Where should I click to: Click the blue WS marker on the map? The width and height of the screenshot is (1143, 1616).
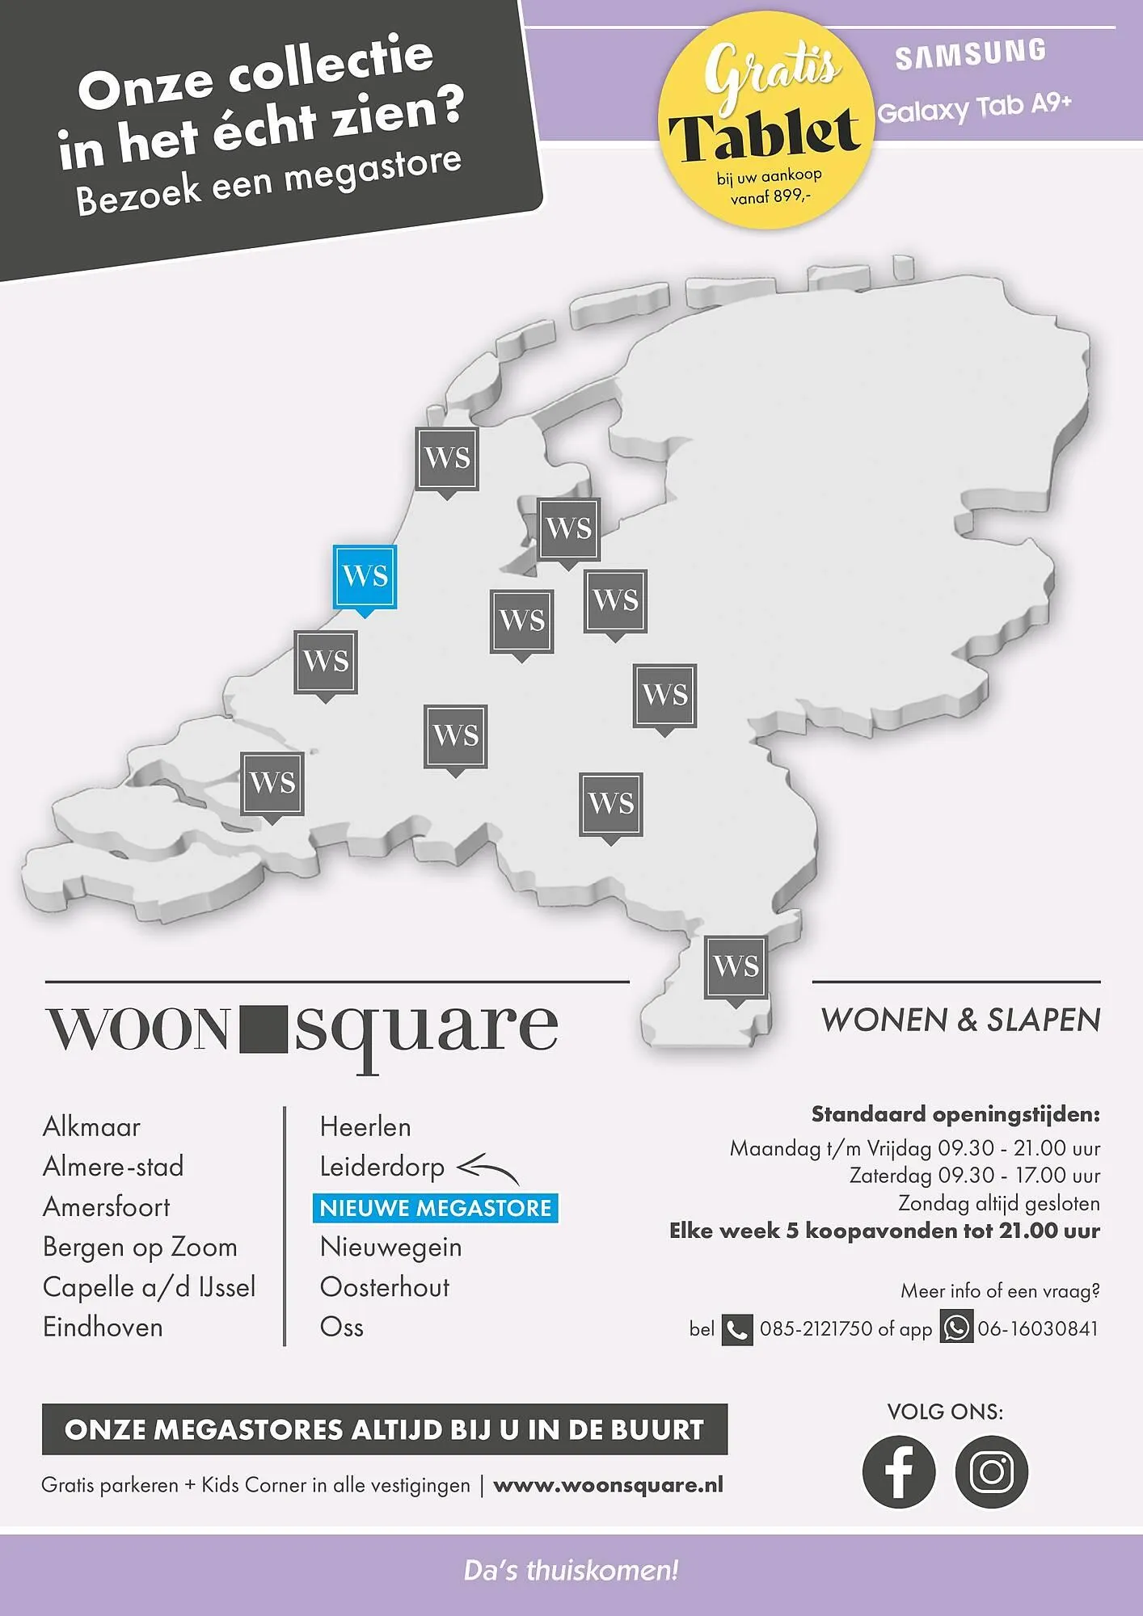tap(365, 577)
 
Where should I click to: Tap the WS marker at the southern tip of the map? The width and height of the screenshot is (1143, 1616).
tap(736, 966)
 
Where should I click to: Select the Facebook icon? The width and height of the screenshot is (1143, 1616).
tap(898, 1471)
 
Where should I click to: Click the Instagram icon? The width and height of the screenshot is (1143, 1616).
tap(991, 1471)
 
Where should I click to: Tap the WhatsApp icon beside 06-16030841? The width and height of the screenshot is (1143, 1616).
tap(956, 1328)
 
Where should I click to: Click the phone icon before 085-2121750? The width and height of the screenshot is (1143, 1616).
tap(736, 1329)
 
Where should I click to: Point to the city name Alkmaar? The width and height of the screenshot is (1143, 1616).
tap(91, 1126)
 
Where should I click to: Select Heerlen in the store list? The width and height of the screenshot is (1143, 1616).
tap(365, 1126)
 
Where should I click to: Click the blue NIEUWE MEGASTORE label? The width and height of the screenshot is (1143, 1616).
tap(435, 1208)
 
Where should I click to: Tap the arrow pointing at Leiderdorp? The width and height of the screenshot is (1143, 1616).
tap(487, 1168)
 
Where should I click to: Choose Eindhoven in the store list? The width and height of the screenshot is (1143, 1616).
tap(103, 1327)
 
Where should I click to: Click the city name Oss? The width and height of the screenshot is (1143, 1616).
tap(341, 1327)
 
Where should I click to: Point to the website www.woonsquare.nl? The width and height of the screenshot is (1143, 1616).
tap(608, 1485)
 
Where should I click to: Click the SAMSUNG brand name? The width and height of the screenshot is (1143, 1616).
tap(970, 54)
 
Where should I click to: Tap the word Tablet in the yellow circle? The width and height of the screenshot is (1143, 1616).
tap(764, 134)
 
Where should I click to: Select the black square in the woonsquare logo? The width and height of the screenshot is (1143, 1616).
tap(264, 1029)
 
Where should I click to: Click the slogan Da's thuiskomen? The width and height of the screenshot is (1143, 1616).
tap(571, 1571)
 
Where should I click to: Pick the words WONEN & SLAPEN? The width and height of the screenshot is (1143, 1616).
tap(960, 1020)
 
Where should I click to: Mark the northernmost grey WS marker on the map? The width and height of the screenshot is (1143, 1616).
tap(447, 458)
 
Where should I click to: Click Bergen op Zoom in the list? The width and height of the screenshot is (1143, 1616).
tap(140, 1247)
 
